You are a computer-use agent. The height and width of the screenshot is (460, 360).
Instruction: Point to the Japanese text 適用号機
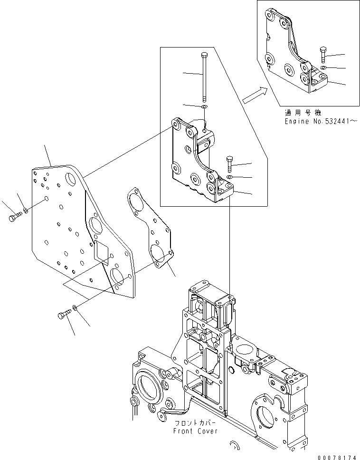[x=303, y=113]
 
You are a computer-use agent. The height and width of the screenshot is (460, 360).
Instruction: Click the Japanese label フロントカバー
[x=195, y=423]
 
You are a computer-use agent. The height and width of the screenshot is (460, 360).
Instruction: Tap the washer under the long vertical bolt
[x=204, y=108]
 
